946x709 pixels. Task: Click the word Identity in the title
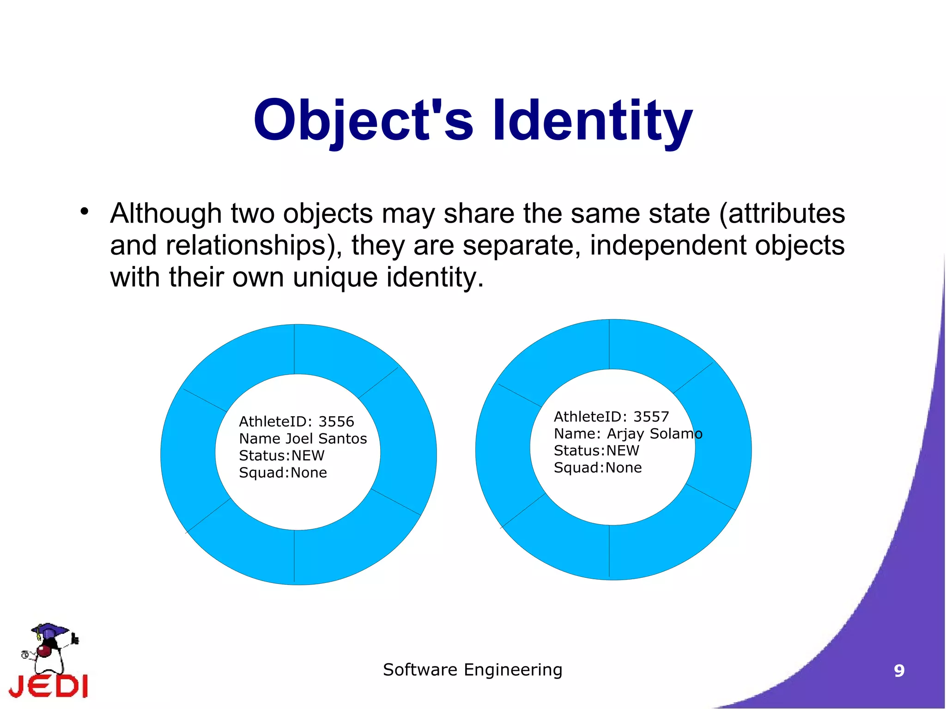[593, 121]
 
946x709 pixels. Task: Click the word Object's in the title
[363, 121]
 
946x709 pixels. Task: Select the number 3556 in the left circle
[336, 422]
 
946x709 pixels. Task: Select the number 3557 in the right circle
[651, 417]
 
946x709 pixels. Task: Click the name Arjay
[626, 434]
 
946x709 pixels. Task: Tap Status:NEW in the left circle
[281, 456]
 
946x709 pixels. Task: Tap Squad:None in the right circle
[597, 468]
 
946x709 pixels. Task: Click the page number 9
[899, 671]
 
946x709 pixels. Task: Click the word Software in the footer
[420, 670]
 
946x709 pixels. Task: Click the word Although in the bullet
[166, 214]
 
